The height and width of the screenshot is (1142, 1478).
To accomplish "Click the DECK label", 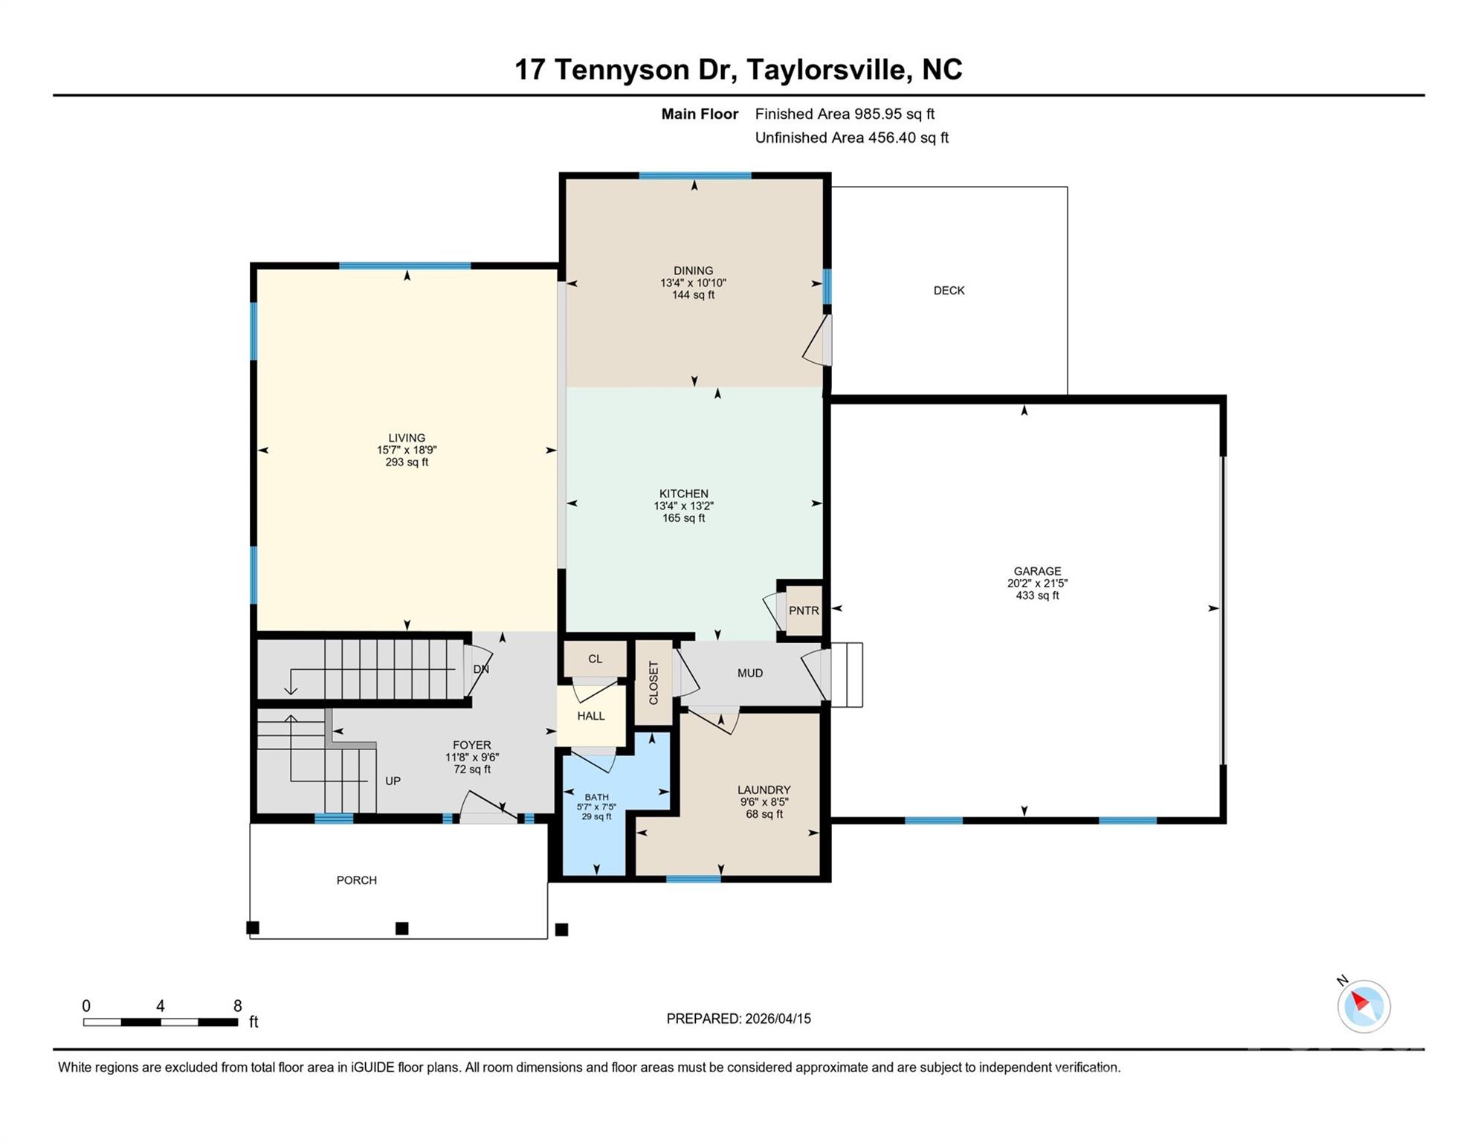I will click(949, 291).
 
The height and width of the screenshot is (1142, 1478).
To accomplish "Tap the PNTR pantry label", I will click(804, 610).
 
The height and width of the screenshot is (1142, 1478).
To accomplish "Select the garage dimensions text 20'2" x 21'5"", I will click(1037, 584).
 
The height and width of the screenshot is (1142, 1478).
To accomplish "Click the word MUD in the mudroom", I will click(749, 673).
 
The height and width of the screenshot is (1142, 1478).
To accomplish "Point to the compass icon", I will click(1364, 1006).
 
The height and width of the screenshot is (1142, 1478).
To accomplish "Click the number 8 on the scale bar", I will click(237, 1006).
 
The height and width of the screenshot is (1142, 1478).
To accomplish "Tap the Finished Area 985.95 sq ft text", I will click(845, 114).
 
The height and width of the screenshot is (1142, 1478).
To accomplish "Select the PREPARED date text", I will click(738, 1019).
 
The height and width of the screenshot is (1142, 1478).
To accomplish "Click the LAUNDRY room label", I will click(764, 790).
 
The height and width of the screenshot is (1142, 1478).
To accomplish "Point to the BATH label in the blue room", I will click(596, 797).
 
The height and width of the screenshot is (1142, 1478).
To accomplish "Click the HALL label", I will click(591, 716).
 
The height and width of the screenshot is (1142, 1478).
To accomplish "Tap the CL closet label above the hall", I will click(595, 659).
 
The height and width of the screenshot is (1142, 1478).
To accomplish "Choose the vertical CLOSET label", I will click(654, 683).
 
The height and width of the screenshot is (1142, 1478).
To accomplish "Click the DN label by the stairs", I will click(481, 669).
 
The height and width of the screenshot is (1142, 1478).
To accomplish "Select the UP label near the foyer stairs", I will click(393, 781).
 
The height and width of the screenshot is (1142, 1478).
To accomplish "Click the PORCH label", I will click(356, 880).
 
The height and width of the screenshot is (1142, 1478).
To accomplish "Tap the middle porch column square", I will click(401, 928).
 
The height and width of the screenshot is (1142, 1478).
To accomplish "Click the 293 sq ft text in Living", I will click(407, 462).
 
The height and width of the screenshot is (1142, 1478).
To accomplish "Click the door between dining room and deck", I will click(819, 341).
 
